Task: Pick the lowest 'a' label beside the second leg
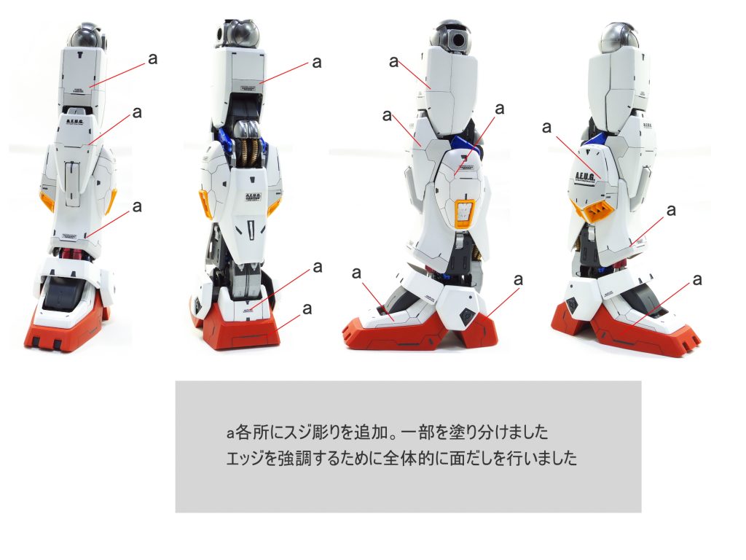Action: [x=307, y=308]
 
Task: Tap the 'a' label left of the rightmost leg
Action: [x=548, y=128]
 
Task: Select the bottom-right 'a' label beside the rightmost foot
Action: [x=697, y=279]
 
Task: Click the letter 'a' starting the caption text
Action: [x=229, y=433]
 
